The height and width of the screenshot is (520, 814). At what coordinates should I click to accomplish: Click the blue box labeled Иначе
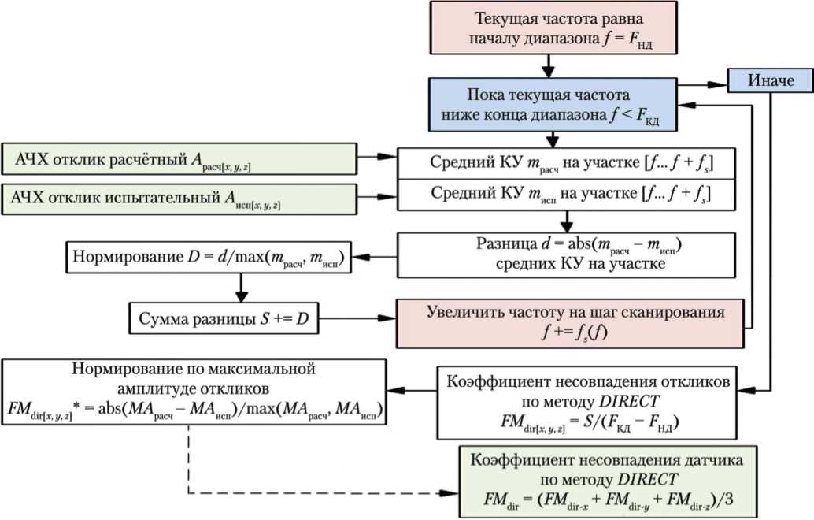(769, 80)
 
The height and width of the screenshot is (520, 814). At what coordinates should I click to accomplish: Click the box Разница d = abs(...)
(566, 255)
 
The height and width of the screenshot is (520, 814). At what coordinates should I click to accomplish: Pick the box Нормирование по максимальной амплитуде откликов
(194, 392)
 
